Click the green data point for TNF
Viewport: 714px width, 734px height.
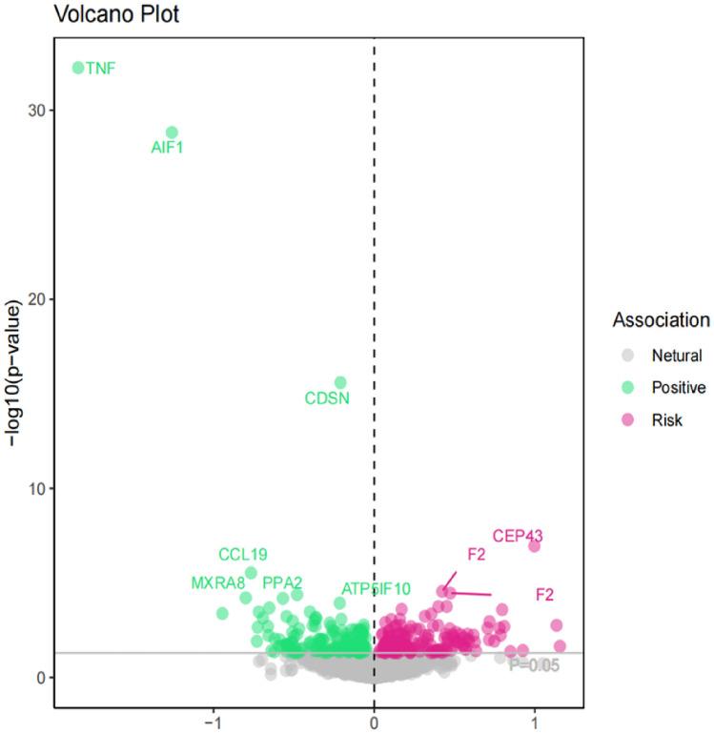tap(78, 68)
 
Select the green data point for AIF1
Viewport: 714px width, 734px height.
tap(172, 133)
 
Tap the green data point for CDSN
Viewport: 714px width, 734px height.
tap(340, 382)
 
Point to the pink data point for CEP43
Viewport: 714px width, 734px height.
tap(535, 545)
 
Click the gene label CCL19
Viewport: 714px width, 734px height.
tap(242, 554)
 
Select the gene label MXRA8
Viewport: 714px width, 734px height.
tap(217, 582)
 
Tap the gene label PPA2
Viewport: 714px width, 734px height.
tap(282, 582)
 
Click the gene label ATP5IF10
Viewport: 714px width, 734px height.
tap(377, 589)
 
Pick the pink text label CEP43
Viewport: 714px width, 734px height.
tap(518, 536)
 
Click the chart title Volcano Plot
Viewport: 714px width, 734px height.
tap(115, 15)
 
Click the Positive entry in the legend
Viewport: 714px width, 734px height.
tap(678, 387)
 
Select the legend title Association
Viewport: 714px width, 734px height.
tap(661, 319)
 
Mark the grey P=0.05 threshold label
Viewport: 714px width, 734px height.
tap(533, 664)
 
